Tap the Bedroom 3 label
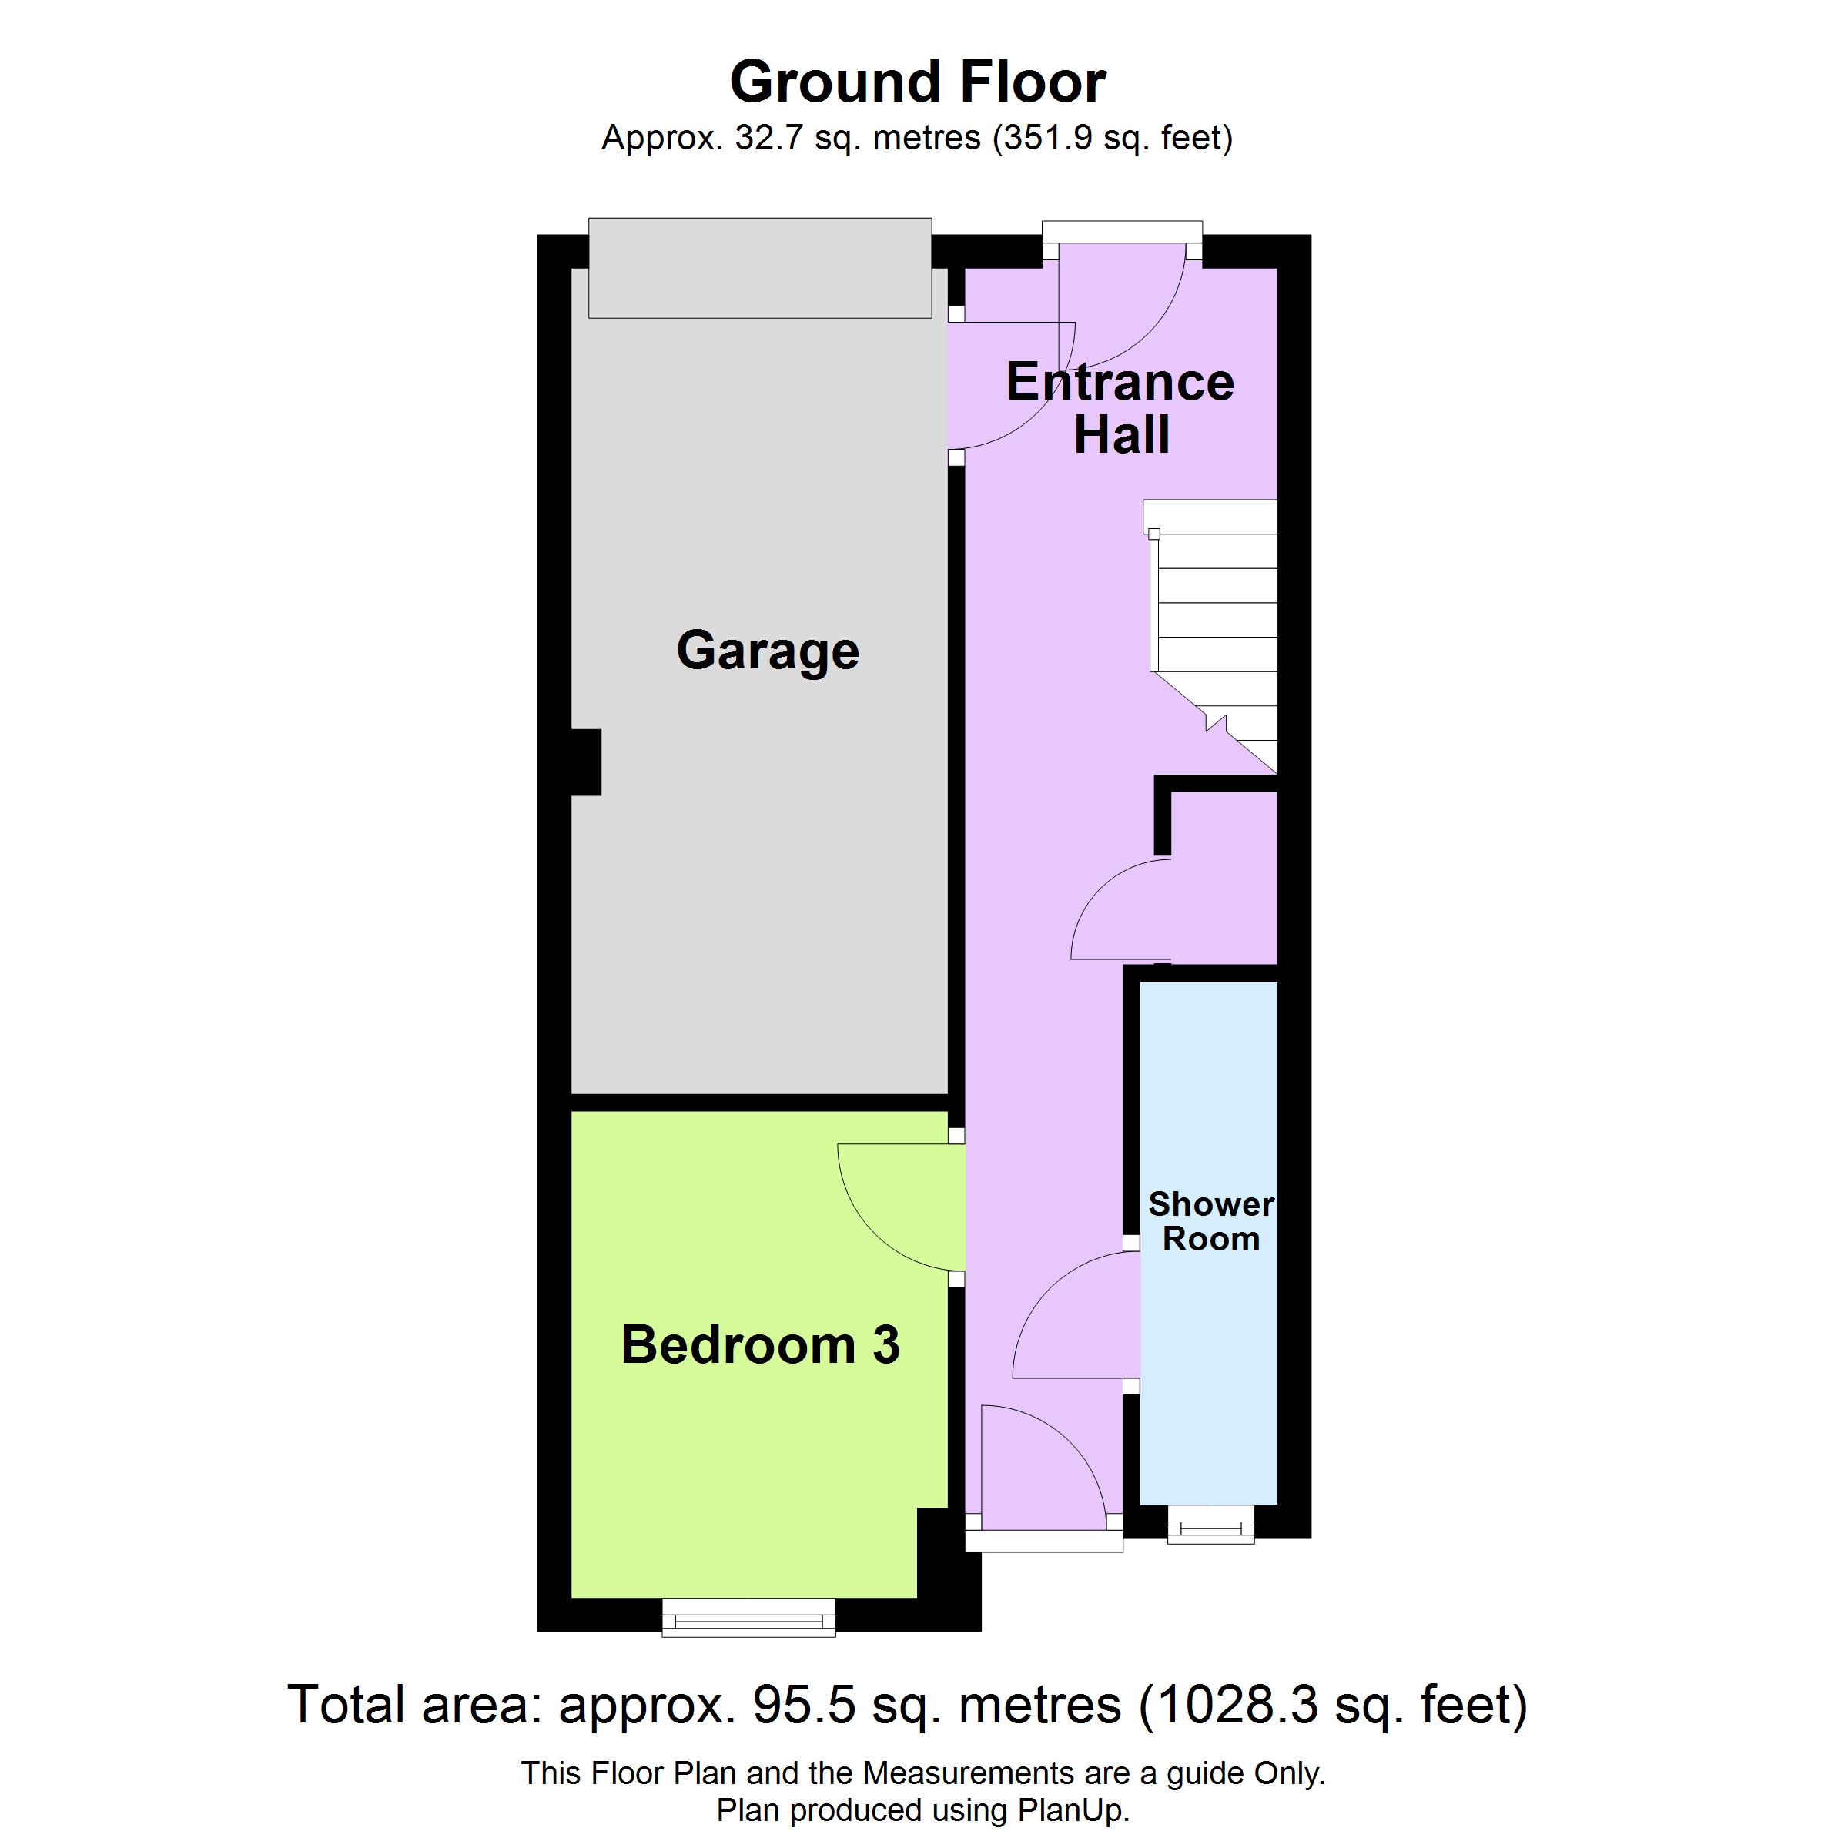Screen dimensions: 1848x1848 click(761, 1345)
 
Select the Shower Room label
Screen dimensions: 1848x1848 click(1211, 1221)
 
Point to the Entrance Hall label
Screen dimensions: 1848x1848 click(1121, 408)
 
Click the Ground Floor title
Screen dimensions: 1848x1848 click(919, 82)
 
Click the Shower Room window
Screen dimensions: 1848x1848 click(1211, 1525)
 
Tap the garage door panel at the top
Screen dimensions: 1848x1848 click(761, 268)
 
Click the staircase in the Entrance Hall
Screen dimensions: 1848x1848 click(1211, 636)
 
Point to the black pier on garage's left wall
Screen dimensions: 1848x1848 click(585, 762)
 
